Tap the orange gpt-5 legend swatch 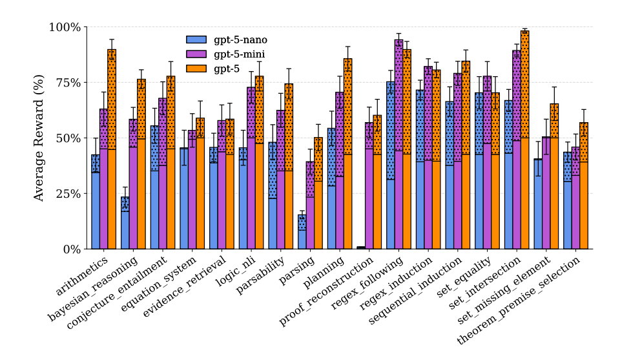coord(197,68)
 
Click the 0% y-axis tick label coord(71,249)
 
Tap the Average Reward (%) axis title coord(39,138)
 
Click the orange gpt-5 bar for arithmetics coord(112,149)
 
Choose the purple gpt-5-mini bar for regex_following coord(398,144)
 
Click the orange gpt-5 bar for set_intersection coord(524,140)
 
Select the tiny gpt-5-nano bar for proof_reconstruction coord(360,248)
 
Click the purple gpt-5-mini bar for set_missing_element coord(546,193)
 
